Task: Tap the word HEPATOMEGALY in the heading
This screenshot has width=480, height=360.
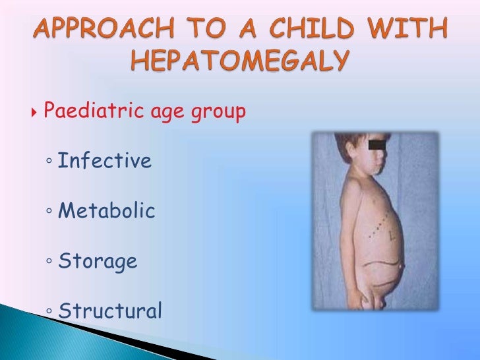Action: point(239,62)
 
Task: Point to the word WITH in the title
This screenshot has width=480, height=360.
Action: point(417,29)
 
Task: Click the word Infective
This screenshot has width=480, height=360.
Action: point(105,160)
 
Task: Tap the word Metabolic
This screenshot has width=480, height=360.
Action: point(107,211)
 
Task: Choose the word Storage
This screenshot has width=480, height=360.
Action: point(98,262)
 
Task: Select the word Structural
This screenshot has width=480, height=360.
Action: point(109,311)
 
